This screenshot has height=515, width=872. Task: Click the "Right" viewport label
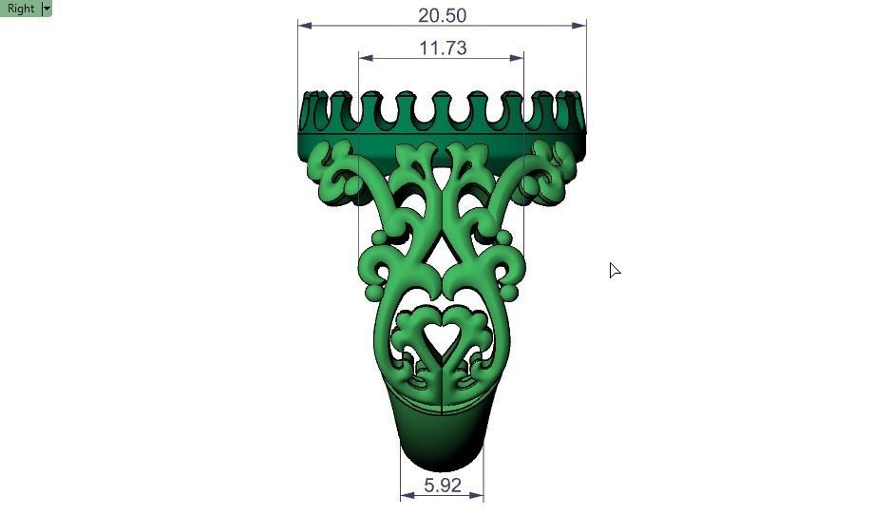tap(20, 9)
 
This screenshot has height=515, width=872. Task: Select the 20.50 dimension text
tap(442, 15)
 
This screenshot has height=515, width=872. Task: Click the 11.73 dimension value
tap(442, 48)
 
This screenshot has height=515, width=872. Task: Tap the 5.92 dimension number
tap(442, 485)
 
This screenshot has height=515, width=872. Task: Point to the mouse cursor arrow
tap(614, 270)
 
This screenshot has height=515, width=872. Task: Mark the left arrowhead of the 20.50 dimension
tap(303, 26)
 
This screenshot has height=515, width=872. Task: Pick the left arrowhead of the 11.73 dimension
tap(364, 58)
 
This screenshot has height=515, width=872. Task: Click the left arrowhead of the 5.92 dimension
tap(406, 495)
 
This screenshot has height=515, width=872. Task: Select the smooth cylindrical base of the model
tap(441, 437)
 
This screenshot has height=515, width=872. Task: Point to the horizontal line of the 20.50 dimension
tap(361, 26)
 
